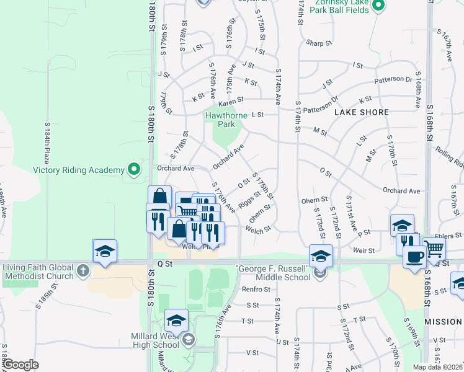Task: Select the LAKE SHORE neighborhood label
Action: pos(361,112)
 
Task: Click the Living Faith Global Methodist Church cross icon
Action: pos(83,270)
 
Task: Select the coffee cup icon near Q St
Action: pos(414,255)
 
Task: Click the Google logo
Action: pos(21,365)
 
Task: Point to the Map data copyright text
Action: pos(437,367)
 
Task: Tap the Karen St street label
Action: pos(230,99)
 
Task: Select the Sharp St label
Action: pos(319,43)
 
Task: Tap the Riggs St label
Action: pos(249,200)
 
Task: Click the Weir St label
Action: pos(364,250)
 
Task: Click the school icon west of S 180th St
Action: pos(104,251)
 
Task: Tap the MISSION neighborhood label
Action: pos(444,322)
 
